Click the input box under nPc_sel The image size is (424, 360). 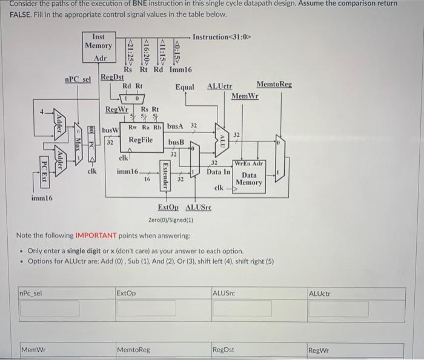(x=50, y=309)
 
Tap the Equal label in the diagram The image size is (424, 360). (x=185, y=87)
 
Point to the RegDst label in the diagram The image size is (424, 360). (x=111, y=77)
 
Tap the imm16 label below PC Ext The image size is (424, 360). (x=42, y=198)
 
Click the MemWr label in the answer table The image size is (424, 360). (x=34, y=350)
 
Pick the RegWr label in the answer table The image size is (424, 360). (x=319, y=350)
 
